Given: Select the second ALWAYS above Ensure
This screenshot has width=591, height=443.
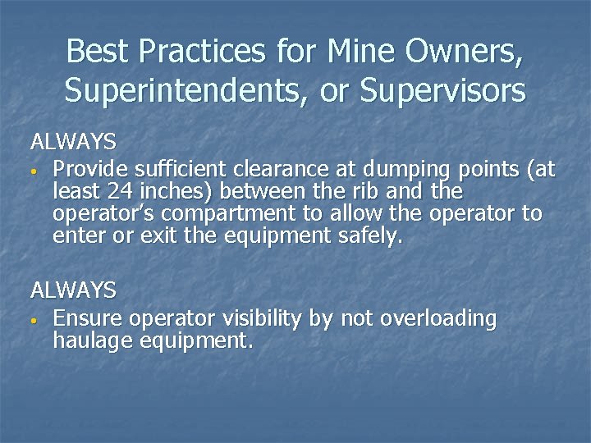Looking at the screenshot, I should (73, 290).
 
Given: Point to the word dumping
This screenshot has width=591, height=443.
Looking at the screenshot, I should (399, 171).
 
